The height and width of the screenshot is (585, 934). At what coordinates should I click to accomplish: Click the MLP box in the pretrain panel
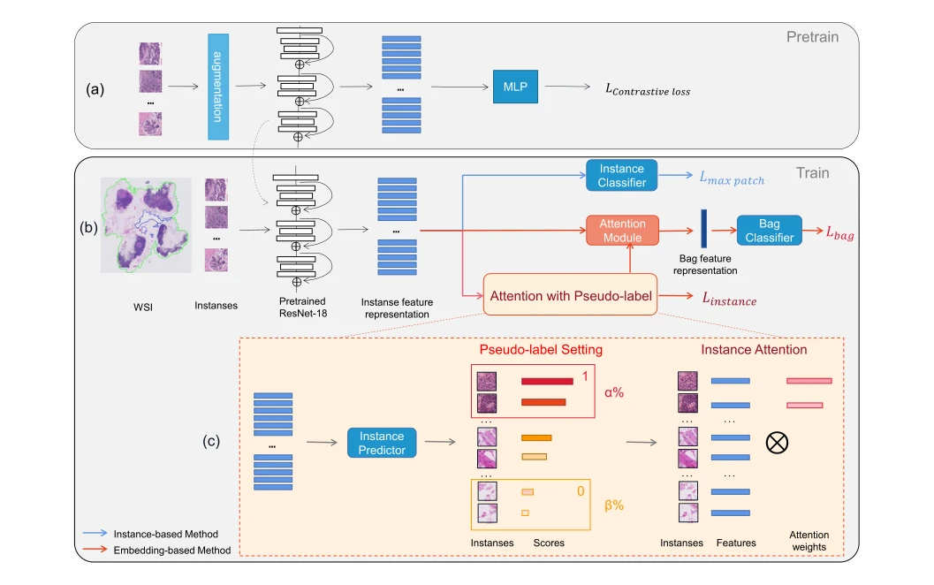pos(515,87)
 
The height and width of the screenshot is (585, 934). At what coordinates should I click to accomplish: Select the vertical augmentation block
pos(218,87)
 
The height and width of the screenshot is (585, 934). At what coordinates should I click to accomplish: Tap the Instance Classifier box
pos(621,175)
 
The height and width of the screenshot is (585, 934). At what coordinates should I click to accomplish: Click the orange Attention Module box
pos(622,231)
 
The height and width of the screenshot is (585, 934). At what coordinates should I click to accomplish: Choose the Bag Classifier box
pos(769,231)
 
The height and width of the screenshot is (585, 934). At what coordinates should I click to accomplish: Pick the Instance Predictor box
pos(382,443)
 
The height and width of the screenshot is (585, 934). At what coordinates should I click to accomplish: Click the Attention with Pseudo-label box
pos(570,295)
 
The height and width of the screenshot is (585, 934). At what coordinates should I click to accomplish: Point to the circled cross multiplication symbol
pos(777,443)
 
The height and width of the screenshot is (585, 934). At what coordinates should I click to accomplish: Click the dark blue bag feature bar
pos(703,228)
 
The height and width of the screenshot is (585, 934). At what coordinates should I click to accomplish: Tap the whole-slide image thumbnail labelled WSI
pos(146,224)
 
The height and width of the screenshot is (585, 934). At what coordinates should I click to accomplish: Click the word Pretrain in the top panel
pos(812,37)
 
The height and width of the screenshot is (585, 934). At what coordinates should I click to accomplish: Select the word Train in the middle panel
pos(812,172)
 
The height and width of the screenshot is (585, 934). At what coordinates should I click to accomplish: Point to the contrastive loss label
pos(648,90)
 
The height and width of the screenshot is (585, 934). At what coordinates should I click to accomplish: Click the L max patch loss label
pos(732,179)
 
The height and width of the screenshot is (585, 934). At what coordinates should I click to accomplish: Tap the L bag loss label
pos(839,233)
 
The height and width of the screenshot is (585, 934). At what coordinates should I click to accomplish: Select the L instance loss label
pos(729,299)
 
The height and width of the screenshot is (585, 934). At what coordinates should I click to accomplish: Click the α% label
pos(614,392)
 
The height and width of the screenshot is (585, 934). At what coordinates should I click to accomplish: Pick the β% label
pos(614,505)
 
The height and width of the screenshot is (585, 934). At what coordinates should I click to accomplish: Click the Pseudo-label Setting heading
pos(541,350)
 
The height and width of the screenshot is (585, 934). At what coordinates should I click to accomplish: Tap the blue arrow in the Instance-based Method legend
pos(95,533)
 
